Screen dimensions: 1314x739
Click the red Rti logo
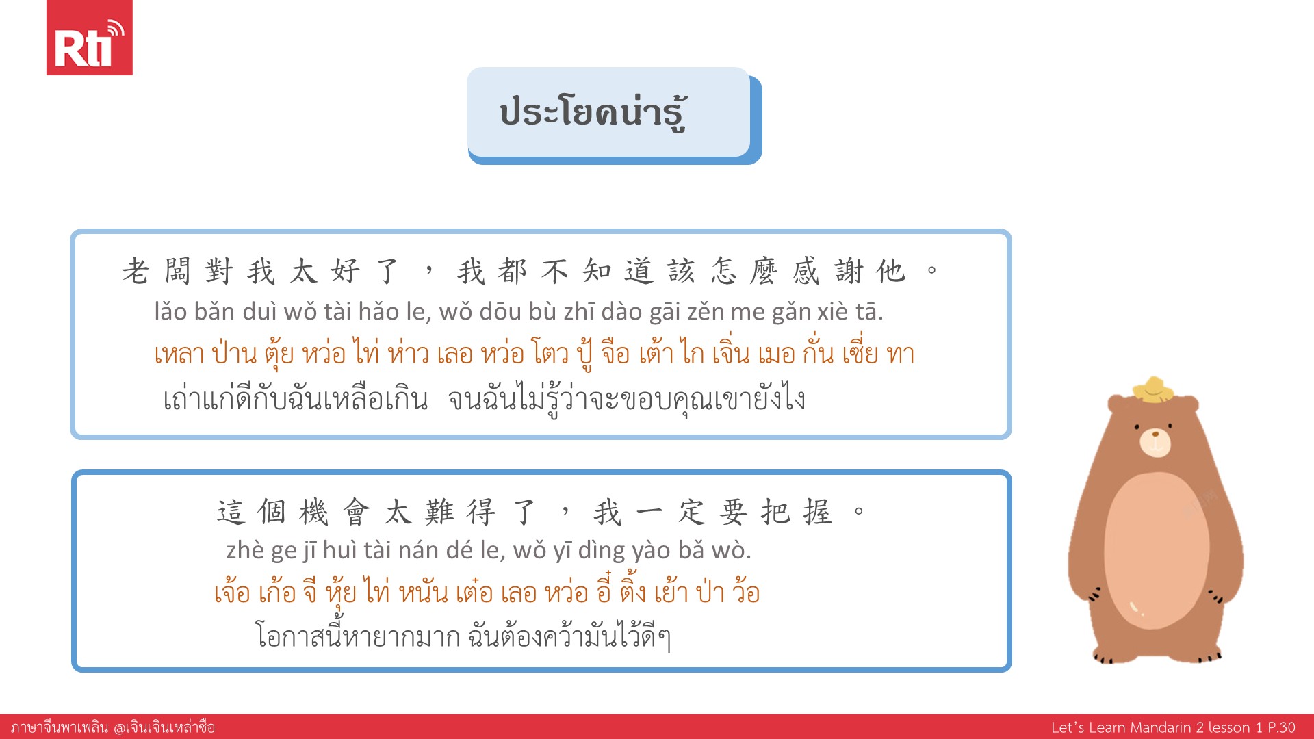[x=89, y=38]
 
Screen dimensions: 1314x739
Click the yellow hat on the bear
[x=1154, y=389]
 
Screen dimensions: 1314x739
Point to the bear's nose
[x=1156, y=434]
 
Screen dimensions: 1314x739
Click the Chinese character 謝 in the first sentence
[x=849, y=271]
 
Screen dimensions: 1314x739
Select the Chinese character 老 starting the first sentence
[x=136, y=271]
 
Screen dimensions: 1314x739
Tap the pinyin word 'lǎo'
[x=170, y=312]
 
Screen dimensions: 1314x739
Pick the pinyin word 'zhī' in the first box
[x=579, y=313]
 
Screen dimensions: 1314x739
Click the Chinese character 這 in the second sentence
[x=231, y=512]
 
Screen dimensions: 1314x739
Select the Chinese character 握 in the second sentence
[x=818, y=512]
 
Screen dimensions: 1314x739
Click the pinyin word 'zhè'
[x=245, y=550]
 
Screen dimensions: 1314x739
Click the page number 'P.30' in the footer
[x=1282, y=727]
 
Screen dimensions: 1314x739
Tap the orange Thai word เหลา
[x=179, y=354]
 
